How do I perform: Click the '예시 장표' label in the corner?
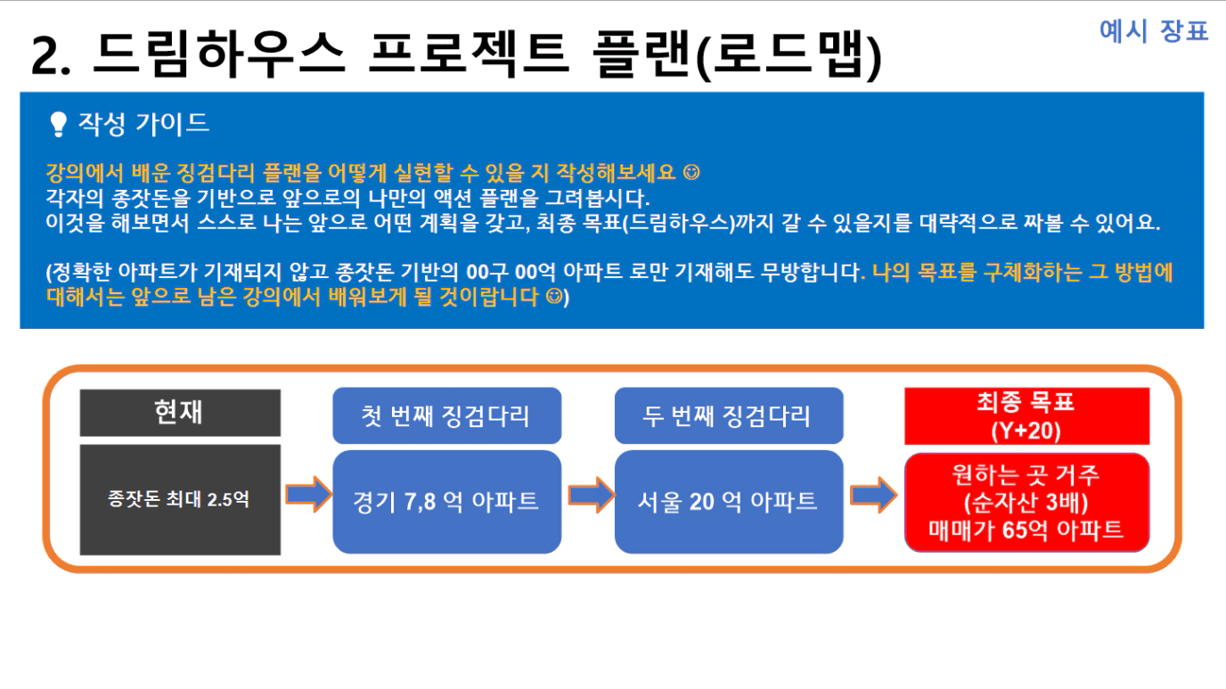pyautogui.click(x=1154, y=30)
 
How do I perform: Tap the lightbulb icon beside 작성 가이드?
pyautogui.click(x=58, y=124)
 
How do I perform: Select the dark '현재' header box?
pyautogui.click(x=180, y=413)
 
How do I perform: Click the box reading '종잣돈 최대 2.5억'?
pyautogui.click(x=180, y=499)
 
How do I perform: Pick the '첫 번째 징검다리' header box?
pyautogui.click(x=446, y=415)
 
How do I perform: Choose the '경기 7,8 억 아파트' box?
pyautogui.click(x=446, y=502)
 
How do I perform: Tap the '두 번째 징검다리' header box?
pyautogui.click(x=729, y=415)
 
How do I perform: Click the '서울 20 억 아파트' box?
pyautogui.click(x=729, y=502)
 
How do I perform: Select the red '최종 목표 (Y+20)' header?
pyautogui.click(x=1026, y=416)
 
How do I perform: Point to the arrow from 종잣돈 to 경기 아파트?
pyautogui.click(x=308, y=495)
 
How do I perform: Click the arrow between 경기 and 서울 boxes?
pyautogui.click(x=591, y=495)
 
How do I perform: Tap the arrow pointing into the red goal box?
pyautogui.click(x=873, y=495)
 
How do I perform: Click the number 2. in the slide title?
pyautogui.click(x=51, y=56)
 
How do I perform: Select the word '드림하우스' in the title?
pyautogui.click(x=219, y=53)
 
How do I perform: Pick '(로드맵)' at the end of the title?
pyautogui.click(x=789, y=54)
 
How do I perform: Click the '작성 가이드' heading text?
pyautogui.click(x=143, y=123)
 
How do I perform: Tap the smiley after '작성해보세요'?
pyautogui.click(x=691, y=173)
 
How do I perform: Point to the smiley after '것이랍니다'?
pyautogui.click(x=554, y=296)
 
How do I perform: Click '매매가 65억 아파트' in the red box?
pyautogui.click(x=1026, y=530)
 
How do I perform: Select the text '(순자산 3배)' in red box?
pyautogui.click(x=1026, y=503)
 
